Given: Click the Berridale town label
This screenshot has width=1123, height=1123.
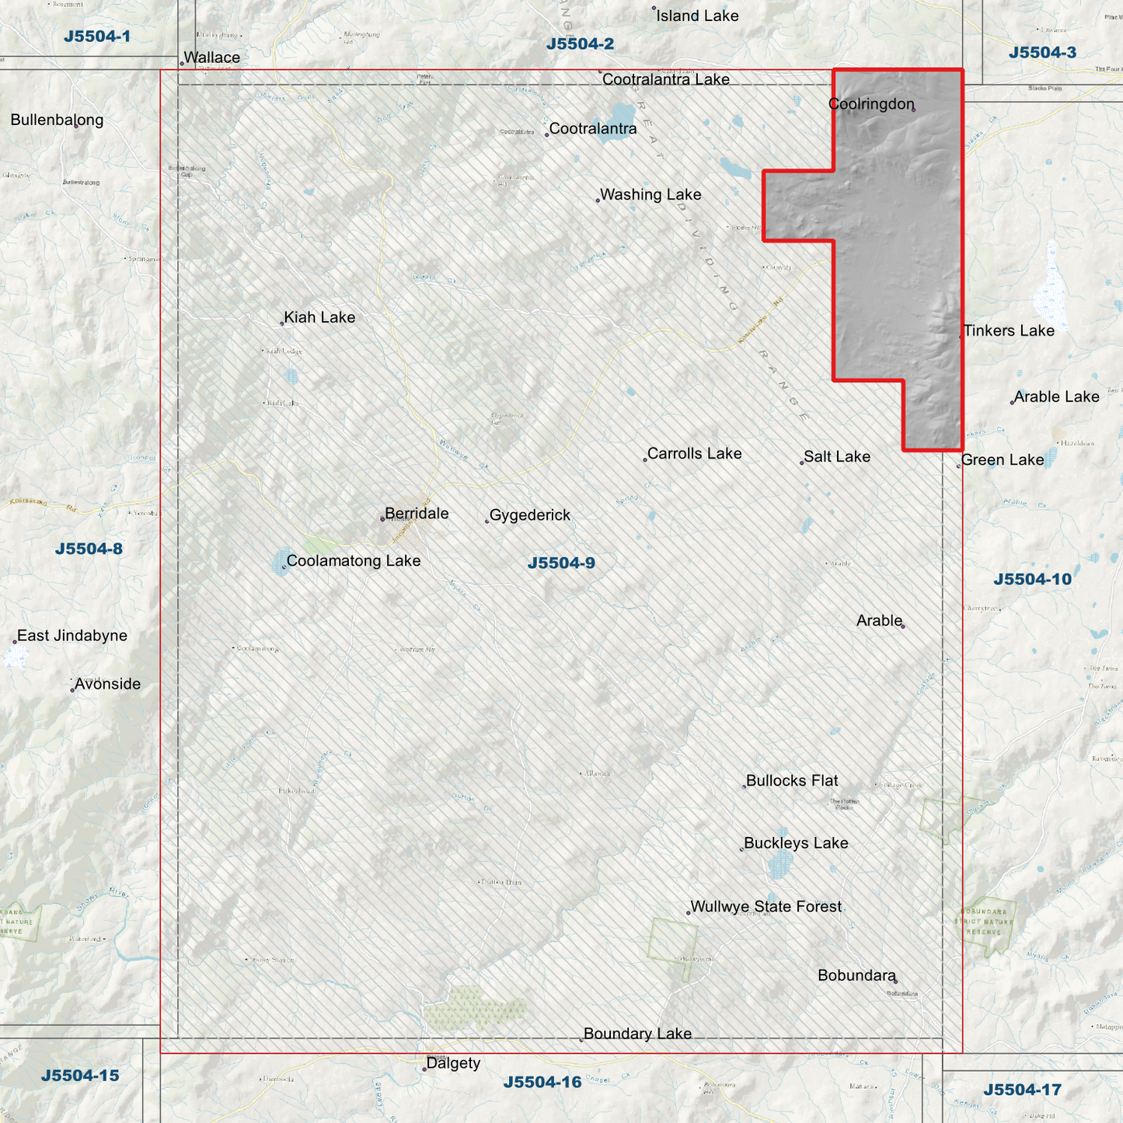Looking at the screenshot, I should point(417,514).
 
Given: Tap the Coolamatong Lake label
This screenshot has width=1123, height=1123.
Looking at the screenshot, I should point(354,561).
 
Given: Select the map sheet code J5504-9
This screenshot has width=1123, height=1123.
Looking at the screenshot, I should point(561,563).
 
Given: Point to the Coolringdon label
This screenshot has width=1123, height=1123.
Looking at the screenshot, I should point(871,104).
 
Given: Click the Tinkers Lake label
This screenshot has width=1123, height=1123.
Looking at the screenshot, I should point(1009,331).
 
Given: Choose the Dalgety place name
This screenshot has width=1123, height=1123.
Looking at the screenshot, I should point(453,1063).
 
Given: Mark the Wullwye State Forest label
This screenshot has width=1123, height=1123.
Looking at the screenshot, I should point(766,907).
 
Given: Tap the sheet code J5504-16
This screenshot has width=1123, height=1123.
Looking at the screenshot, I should point(542,1083).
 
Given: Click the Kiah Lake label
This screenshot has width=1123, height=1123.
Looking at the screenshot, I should point(319,317).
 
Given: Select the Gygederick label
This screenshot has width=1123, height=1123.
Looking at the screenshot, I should point(530,515).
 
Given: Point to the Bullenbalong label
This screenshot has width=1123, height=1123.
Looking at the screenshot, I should point(57,120).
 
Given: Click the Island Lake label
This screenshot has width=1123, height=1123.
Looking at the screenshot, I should point(697,16).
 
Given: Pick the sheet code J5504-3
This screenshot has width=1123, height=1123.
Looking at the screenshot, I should point(1042,53).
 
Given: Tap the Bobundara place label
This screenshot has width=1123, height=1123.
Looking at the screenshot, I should point(856,975).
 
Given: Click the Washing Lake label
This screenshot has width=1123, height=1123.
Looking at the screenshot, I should point(650,195).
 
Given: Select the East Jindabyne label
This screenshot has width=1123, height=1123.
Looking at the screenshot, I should point(72,636).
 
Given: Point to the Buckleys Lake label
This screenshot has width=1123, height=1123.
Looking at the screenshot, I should point(796,843).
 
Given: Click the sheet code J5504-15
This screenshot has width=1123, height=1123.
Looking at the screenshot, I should point(80,1076).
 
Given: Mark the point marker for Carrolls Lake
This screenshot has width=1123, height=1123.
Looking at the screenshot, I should point(645,459).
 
